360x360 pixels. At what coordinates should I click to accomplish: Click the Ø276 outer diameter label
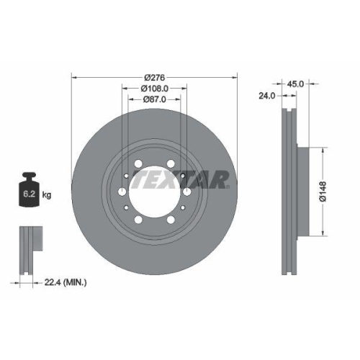(155, 76)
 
